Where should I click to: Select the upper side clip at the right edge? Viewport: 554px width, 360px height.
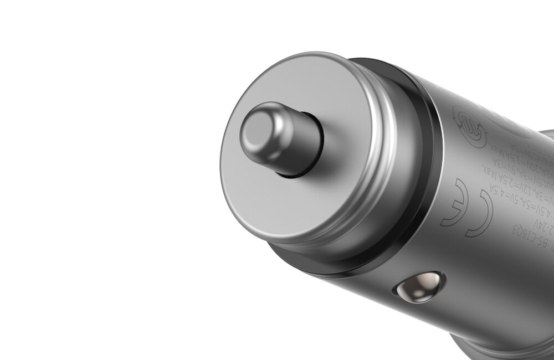click(546, 133)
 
